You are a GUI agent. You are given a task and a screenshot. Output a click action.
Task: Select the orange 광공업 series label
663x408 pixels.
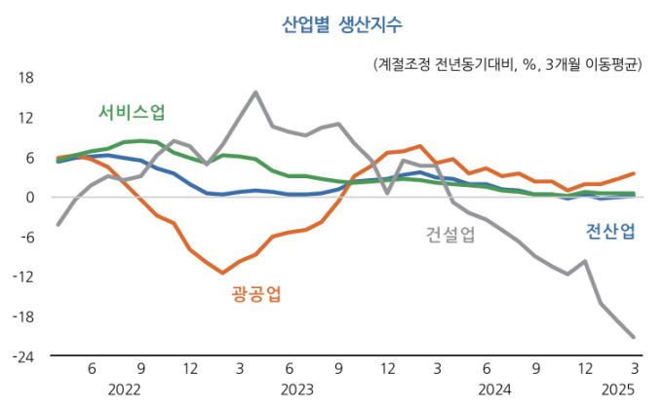[256, 294]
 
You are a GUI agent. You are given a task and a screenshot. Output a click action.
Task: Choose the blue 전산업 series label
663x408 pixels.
[610, 231]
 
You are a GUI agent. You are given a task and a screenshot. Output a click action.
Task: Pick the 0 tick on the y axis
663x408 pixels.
[30, 198]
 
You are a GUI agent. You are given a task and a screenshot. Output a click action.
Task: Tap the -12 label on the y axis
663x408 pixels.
[24, 278]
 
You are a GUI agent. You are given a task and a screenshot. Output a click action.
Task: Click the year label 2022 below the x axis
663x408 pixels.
[125, 389]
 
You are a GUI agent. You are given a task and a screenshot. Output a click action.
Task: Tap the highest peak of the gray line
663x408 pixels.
[255, 93]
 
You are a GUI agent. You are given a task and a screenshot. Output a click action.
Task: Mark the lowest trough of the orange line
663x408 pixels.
[222, 273]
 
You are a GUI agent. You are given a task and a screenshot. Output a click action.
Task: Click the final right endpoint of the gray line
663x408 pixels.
[635, 337]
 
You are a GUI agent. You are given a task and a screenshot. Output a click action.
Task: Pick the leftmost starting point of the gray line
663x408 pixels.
[58, 225]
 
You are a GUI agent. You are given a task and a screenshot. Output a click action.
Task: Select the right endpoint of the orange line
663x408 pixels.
[635, 173]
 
